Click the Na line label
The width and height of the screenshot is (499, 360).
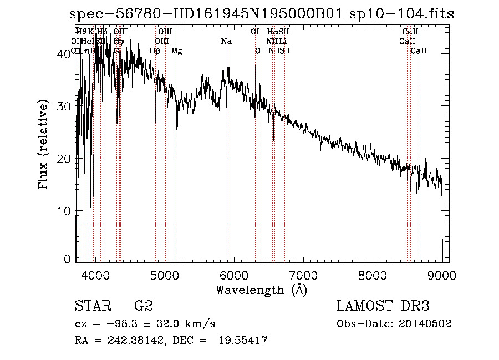point(226,42)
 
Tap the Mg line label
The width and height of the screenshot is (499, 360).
point(176,51)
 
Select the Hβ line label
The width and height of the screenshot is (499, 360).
point(155,51)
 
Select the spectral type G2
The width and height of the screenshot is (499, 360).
point(143,306)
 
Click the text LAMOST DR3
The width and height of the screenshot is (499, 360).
point(383,306)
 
